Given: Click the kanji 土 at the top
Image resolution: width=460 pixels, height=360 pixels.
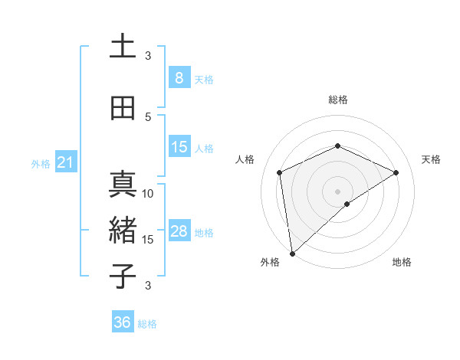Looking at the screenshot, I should point(123,47).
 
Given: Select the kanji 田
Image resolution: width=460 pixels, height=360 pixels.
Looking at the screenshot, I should point(123,108).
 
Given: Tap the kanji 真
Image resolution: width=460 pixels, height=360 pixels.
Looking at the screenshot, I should point(123,185).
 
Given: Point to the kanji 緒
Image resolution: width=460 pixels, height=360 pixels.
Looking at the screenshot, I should point(123,231).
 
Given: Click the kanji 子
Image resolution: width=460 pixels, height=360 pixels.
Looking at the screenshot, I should point(123,277).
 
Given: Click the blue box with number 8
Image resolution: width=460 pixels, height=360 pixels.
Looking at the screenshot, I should point(179,78).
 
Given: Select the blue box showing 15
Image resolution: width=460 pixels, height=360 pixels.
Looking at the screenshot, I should point(179,147).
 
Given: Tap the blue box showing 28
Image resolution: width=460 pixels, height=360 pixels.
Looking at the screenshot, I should point(179,231).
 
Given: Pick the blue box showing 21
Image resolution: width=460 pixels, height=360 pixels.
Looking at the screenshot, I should point(65,162).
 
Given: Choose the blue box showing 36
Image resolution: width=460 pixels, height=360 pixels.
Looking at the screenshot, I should point(123,322).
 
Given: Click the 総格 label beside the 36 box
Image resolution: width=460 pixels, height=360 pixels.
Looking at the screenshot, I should point(148,324).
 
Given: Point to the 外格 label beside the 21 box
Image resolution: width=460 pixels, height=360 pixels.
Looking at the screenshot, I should point(41,164).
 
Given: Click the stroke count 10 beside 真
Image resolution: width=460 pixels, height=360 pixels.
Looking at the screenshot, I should point(149,194).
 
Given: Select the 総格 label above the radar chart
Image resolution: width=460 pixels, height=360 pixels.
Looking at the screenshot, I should point(337,100).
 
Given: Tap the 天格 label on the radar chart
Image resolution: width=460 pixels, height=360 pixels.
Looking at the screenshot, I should point(431,159).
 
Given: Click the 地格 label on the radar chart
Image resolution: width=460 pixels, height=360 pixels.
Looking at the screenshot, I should point(402,263).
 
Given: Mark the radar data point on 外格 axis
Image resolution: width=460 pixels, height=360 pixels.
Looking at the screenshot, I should point(291,254).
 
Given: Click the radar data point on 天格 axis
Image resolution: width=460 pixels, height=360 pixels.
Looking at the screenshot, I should point(396,172).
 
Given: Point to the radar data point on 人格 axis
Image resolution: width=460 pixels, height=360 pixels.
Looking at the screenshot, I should point(280,172).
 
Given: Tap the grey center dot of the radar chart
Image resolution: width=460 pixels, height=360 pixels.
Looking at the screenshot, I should point(337,191).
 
